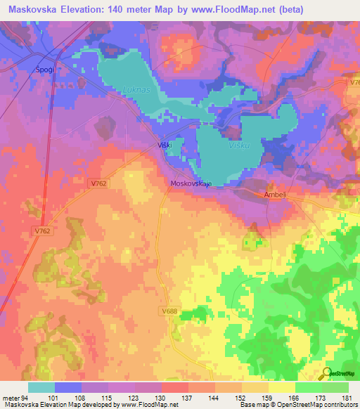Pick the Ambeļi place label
tap(276, 195)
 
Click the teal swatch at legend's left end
tap(41, 387)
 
